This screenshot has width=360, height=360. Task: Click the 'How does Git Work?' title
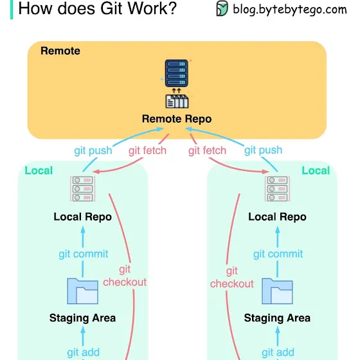coord(97,9)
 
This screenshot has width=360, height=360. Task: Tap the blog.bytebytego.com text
coord(290,10)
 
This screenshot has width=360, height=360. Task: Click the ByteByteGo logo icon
coord(222,8)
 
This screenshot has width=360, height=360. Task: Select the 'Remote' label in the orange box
coord(60,51)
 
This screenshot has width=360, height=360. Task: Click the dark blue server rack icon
coord(177,73)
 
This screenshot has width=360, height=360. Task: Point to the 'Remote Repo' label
coord(177,119)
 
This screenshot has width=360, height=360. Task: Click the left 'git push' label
coord(93,151)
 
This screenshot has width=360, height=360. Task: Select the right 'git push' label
coord(263,150)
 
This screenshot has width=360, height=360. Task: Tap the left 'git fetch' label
coord(147,151)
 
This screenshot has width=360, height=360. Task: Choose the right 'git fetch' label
coord(207,151)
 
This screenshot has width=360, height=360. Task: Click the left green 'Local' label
coord(39,170)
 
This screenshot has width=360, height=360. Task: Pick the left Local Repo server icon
coord(83,189)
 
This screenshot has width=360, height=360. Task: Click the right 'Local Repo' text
coord(277,217)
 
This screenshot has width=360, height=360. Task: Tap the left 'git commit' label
coord(84,254)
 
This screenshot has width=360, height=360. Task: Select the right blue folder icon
coord(277,291)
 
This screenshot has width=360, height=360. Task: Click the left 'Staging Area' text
coord(83,318)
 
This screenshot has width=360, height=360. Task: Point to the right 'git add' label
coord(278,352)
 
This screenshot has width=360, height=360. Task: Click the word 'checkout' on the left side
coord(125,282)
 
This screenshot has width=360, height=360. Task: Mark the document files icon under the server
coord(177,102)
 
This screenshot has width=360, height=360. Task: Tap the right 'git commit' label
coord(278,254)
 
